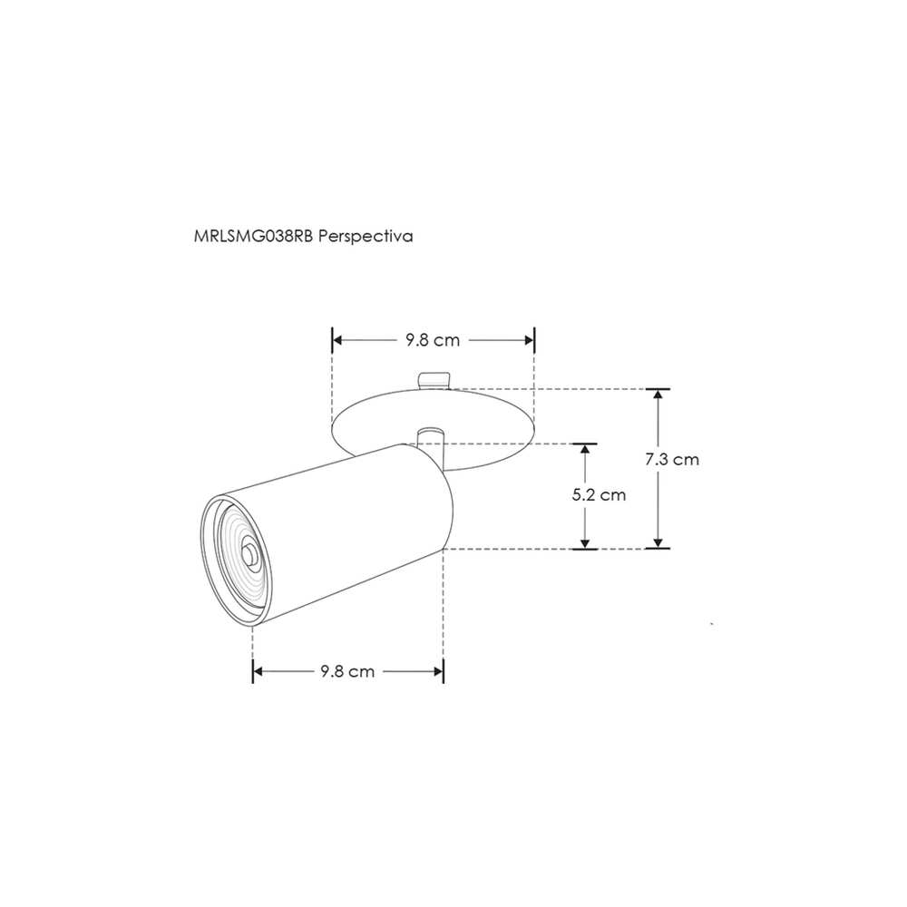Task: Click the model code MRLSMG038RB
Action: click(254, 236)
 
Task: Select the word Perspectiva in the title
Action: click(367, 236)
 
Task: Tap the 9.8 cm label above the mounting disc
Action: click(433, 340)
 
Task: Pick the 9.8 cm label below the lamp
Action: click(347, 671)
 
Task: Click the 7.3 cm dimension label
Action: click(672, 459)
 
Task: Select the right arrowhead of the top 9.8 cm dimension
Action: click(528, 340)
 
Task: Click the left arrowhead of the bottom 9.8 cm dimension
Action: click(258, 671)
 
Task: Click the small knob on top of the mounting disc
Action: click(434, 379)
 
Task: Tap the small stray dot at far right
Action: click(712, 624)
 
